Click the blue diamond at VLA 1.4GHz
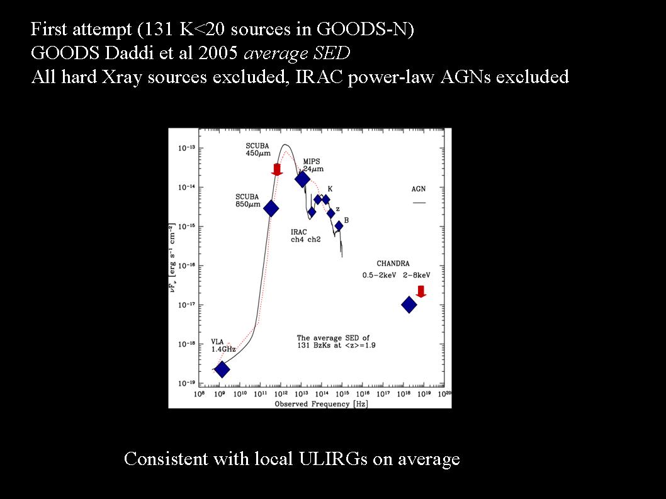pos(222,369)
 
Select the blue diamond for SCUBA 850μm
pos(271,208)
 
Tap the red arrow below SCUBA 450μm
pos(277,169)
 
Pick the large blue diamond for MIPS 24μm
pos(302,179)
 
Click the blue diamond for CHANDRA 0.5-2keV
pos(409,305)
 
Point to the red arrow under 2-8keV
pos(421,292)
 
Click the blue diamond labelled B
pos(339,226)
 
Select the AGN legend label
pos(419,189)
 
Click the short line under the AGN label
pos(419,203)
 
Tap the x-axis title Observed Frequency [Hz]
pos(321,404)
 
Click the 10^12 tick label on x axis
pos(281,394)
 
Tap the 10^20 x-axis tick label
pos(444,394)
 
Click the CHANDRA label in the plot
pos(393,263)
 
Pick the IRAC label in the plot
pos(298,232)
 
